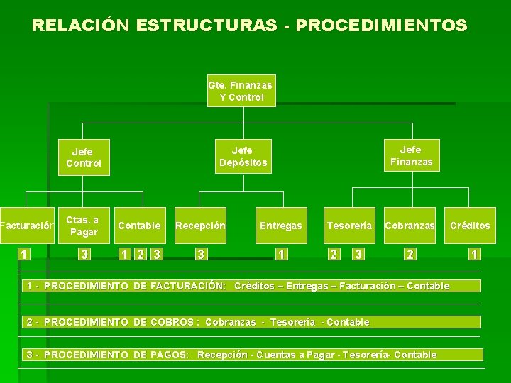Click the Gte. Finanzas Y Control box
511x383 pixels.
(241, 91)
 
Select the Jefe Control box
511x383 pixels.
(84, 157)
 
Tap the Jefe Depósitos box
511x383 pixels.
(243, 156)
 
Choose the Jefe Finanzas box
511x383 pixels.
(410, 155)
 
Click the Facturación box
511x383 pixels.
(27, 226)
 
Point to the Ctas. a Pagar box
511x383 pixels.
(84, 226)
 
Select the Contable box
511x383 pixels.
(139, 226)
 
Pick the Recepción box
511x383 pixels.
(200, 226)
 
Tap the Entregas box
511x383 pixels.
(280, 226)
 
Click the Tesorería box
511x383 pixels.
(349, 226)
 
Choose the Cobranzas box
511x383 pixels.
(410, 226)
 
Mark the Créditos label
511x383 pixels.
(470, 226)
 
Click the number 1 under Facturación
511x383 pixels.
(23, 255)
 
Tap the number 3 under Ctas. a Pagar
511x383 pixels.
(84, 255)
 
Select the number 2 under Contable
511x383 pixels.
(140, 255)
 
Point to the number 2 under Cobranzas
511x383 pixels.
(410, 255)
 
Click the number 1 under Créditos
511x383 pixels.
(473, 255)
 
